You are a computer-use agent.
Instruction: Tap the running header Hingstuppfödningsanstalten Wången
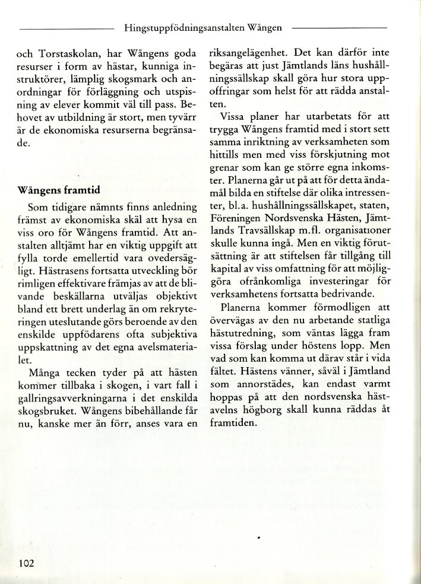(x=203, y=27)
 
